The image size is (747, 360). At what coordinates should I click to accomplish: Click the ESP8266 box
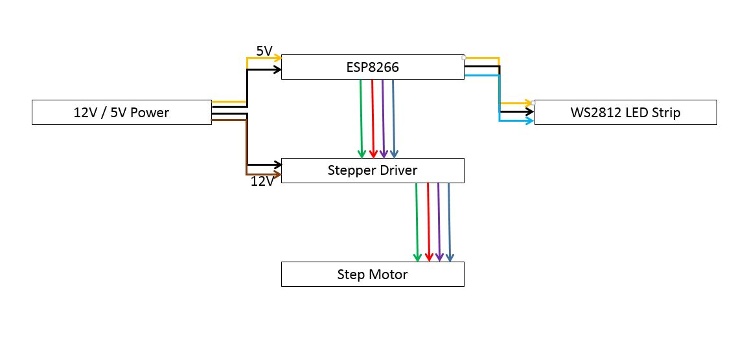point(373,67)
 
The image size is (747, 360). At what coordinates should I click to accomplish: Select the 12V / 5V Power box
point(121,113)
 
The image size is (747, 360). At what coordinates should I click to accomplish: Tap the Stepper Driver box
point(373,170)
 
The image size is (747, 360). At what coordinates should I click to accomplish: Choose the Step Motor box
point(373,274)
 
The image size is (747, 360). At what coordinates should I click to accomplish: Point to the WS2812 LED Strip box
point(625,112)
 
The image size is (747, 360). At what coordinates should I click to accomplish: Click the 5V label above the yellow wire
point(264,51)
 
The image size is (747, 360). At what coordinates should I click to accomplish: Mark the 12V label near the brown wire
point(262,181)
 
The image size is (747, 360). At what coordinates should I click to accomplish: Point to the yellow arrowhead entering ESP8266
point(277,58)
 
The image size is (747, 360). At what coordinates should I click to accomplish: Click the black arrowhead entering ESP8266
point(277,69)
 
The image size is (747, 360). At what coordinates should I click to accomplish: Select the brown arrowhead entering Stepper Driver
point(277,174)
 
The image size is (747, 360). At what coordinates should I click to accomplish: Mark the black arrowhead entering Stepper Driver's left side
point(277,165)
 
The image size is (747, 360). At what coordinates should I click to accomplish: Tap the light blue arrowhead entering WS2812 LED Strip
point(529,121)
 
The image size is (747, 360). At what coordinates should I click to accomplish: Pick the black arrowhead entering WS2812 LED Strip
point(529,111)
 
